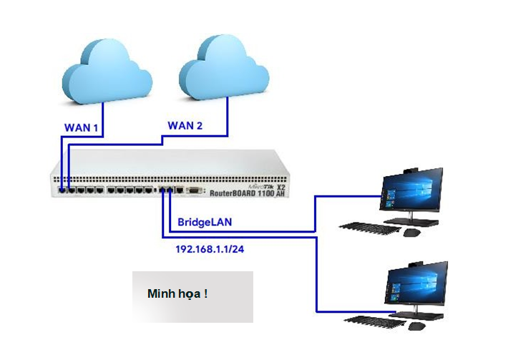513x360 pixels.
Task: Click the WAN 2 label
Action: (185, 126)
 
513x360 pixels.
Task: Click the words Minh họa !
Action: (177, 293)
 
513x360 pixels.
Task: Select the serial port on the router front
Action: (195, 191)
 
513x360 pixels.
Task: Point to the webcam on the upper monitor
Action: (410, 170)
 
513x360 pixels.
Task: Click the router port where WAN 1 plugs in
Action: (63, 191)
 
